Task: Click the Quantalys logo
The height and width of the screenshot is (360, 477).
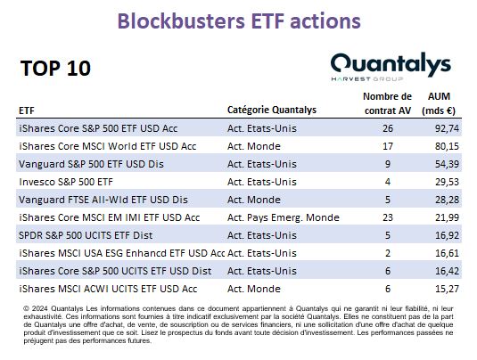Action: click(391, 67)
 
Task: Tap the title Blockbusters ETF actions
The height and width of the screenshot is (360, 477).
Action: click(239, 21)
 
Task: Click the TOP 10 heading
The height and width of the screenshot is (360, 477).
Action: click(55, 68)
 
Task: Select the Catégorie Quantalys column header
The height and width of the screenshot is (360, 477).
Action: click(272, 110)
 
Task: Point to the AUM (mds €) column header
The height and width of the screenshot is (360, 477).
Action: click(439, 103)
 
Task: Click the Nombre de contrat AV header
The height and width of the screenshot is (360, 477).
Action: click(387, 103)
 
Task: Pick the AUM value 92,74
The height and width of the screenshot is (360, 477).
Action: click(447, 128)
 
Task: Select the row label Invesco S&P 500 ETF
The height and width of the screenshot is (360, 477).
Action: click(66, 182)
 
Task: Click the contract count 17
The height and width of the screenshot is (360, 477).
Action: click(388, 146)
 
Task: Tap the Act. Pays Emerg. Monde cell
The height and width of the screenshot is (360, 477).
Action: click(284, 217)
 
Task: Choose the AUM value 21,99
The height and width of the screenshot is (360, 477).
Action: click(447, 217)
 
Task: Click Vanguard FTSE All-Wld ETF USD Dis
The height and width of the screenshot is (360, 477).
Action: click(103, 200)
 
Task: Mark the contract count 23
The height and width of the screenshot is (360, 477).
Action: click(388, 217)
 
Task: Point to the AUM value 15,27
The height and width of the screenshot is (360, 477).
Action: click(447, 289)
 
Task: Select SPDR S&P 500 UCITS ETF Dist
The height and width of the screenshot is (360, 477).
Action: click(86, 235)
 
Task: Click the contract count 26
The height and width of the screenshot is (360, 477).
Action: click(388, 128)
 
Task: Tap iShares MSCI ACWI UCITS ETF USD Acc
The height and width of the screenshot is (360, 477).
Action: click(108, 289)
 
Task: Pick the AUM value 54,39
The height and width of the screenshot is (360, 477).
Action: click(447, 164)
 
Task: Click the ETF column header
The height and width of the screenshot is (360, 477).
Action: click(27, 110)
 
